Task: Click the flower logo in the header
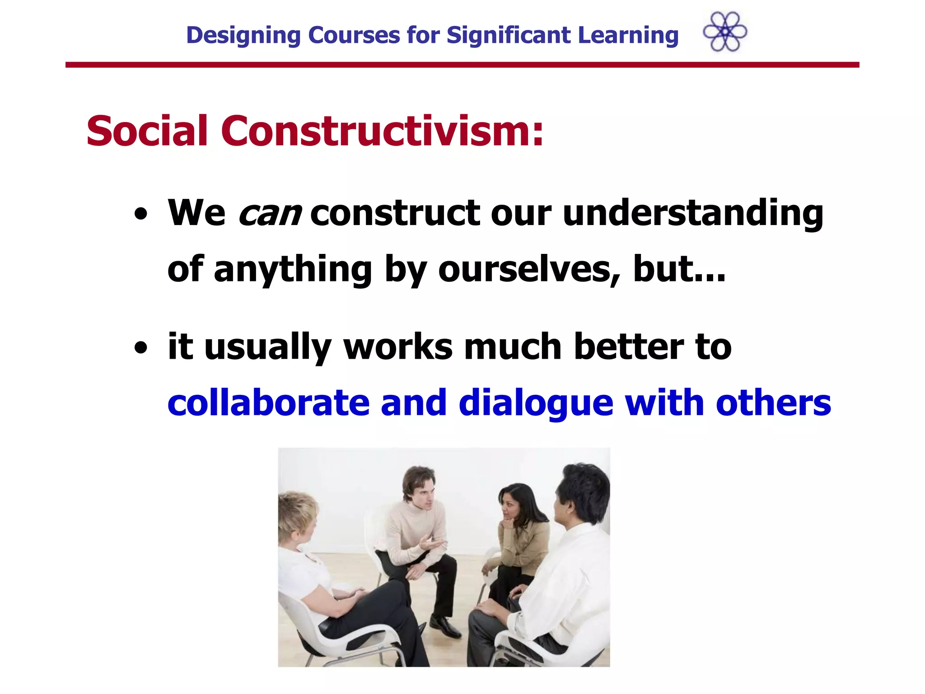pyautogui.click(x=725, y=32)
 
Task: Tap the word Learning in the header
pyautogui.click(x=628, y=35)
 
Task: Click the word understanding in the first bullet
pyautogui.click(x=693, y=213)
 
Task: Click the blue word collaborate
pyautogui.click(x=268, y=403)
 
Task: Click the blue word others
pyautogui.click(x=773, y=403)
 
